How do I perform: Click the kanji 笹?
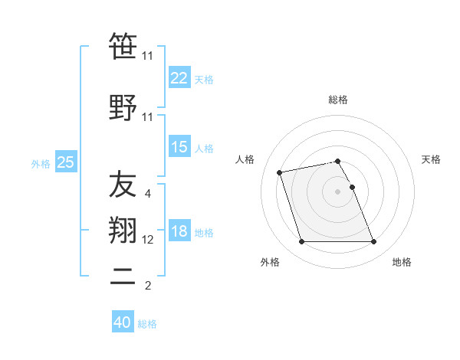123,47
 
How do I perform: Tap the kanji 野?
123,107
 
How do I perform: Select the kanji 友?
123,185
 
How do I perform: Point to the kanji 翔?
123,231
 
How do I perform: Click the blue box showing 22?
179,77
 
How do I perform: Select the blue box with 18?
179,231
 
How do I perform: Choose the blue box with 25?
66,162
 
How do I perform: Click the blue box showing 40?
123,322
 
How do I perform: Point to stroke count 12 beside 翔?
148,240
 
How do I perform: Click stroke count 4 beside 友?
148,194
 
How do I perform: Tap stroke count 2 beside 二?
148,286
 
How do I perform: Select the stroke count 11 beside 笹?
148,56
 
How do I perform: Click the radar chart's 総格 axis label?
338,100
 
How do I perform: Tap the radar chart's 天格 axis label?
431,159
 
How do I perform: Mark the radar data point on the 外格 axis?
301,242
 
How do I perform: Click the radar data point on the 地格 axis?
373,242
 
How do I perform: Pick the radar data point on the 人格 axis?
280,172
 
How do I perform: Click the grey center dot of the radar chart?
338,191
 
